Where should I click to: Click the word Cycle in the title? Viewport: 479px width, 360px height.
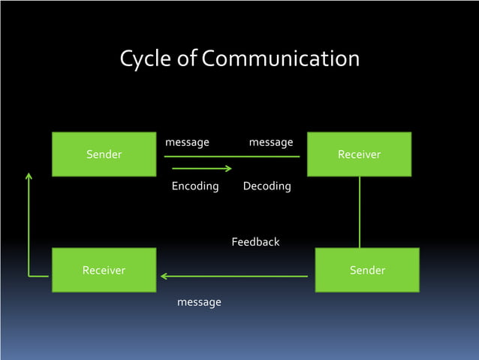click(x=148, y=59)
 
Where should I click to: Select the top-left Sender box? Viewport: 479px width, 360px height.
click(x=104, y=154)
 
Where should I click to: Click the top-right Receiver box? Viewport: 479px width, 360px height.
click(x=359, y=154)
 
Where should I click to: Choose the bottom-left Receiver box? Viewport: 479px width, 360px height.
click(x=104, y=270)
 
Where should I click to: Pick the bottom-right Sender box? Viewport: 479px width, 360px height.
click(x=367, y=270)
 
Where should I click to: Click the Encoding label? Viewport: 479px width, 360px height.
click(x=195, y=186)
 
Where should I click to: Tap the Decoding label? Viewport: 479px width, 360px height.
click(x=267, y=186)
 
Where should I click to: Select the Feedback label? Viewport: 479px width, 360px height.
click(x=255, y=242)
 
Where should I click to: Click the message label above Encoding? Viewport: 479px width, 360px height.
click(x=187, y=142)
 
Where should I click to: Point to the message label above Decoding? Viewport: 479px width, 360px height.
click(x=270, y=142)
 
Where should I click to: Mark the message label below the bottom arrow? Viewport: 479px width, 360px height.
click(x=199, y=302)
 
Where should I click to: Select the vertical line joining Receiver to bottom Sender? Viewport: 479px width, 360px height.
click(x=360, y=212)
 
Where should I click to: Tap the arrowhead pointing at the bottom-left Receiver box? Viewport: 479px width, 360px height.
click(x=164, y=277)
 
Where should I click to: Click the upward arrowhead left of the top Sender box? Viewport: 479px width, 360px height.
click(x=29, y=177)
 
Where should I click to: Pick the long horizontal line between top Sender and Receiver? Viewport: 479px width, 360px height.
click(x=232, y=156)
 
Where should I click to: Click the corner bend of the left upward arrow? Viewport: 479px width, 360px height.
click(x=29, y=276)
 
